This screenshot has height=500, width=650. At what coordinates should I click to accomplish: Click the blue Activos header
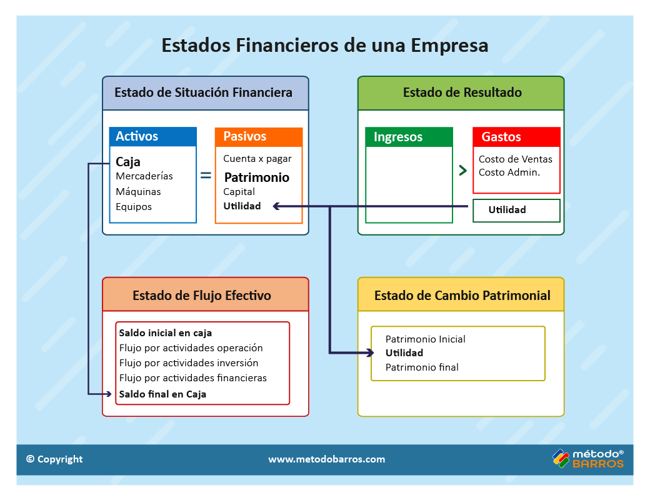(x=153, y=136)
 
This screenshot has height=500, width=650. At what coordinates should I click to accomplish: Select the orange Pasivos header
(x=259, y=137)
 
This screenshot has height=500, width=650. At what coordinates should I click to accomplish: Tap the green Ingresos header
(x=409, y=137)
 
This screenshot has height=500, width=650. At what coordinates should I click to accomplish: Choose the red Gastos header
(x=516, y=137)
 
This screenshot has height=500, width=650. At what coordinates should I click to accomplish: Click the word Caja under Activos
(x=127, y=162)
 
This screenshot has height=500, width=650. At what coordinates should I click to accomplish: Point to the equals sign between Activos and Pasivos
(x=206, y=176)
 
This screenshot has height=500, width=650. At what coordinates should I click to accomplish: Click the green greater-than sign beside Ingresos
(x=463, y=170)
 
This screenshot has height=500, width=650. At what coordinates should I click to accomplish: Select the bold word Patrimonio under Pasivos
(x=257, y=177)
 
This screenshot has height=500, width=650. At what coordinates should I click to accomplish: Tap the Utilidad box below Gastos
(x=516, y=210)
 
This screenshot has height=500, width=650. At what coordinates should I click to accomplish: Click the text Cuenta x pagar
(x=257, y=159)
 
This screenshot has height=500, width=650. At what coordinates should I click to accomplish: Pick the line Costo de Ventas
(x=515, y=159)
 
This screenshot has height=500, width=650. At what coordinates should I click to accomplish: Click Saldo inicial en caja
(x=166, y=333)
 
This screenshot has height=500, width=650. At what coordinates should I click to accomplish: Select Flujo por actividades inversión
(x=189, y=362)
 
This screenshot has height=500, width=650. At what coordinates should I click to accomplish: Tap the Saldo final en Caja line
(x=162, y=394)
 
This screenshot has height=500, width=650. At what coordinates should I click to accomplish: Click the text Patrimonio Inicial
(x=426, y=339)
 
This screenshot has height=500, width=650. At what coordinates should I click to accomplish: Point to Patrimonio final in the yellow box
(x=422, y=367)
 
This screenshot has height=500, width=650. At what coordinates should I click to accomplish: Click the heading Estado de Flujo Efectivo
(x=202, y=295)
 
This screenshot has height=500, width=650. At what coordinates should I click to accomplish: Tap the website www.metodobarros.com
(x=327, y=459)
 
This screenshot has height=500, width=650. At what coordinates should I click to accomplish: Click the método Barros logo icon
(x=561, y=459)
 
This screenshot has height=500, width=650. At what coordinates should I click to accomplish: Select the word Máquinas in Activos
(x=138, y=191)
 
